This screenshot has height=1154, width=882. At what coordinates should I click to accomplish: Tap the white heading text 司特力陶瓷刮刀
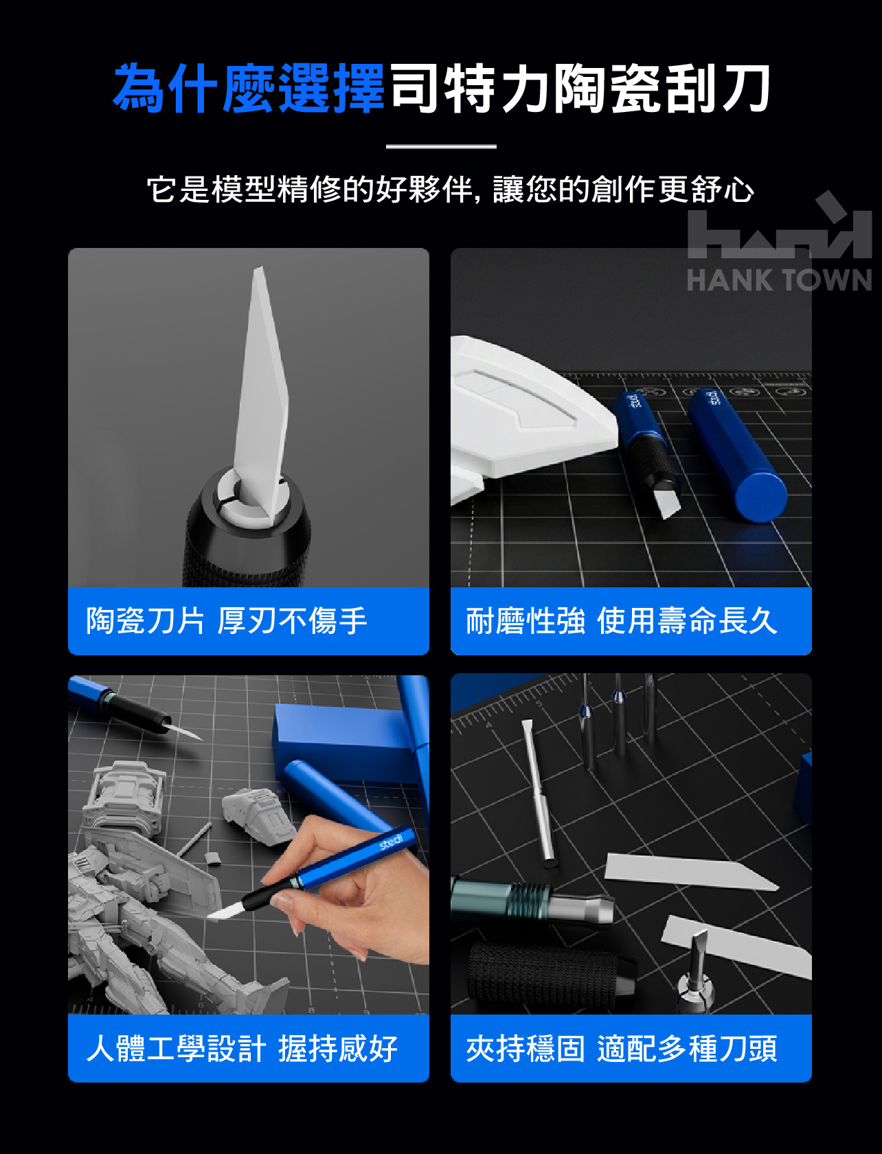580,88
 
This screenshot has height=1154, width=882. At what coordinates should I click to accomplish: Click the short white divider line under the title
441,146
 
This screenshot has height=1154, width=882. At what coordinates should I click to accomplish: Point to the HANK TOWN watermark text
779,280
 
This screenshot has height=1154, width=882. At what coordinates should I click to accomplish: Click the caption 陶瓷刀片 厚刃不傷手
226,621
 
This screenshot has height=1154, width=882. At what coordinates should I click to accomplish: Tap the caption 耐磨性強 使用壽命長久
621,621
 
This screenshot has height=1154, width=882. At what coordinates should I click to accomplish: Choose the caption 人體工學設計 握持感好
242,1049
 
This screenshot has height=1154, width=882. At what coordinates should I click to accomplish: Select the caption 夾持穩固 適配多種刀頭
621,1049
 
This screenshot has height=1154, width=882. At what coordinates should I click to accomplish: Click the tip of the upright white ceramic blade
258,268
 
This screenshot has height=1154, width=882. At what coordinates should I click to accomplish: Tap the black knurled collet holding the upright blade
247,531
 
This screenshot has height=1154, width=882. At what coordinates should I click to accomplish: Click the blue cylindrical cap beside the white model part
737,455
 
